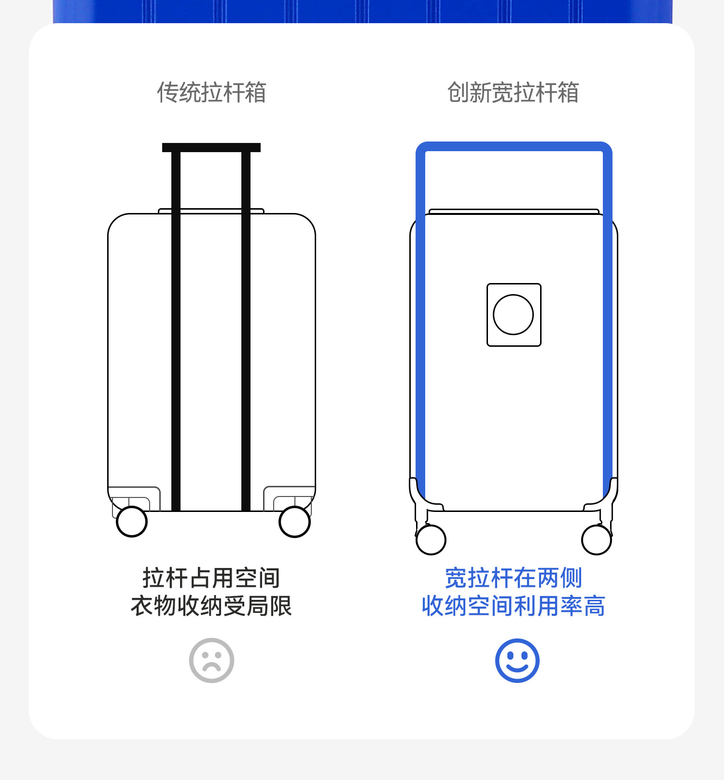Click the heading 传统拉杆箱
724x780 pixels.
click(x=211, y=92)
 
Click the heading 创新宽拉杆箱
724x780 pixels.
click(x=513, y=92)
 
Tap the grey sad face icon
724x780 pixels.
click(x=211, y=660)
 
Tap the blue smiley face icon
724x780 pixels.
click(x=517, y=660)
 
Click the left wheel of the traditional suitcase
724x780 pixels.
click(x=132, y=522)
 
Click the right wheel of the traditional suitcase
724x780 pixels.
click(x=294, y=522)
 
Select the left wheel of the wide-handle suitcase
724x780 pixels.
click(x=431, y=539)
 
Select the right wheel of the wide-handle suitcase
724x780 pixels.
click(x=597, y=539)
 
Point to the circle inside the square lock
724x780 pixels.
click(x=513, y=314)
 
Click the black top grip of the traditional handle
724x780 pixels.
click(x=211, y=147)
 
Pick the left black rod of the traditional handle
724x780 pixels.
click(x=176, y=328)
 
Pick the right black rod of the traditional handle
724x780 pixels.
click(x=246, y=328)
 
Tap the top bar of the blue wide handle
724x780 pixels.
click(x=514, y=146)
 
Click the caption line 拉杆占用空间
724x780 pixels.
click(x=211, y=578)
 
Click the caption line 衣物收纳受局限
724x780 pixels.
click(x=211, y=606)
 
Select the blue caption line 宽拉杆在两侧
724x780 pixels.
click(x=513, y=578)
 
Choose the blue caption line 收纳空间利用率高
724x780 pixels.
click(x=513, y=606)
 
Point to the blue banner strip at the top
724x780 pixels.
click(x=362, y=11)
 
